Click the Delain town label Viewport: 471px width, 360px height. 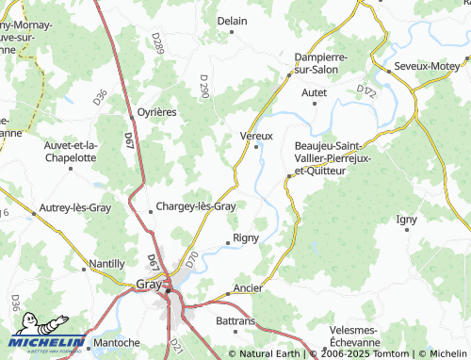(232, 21)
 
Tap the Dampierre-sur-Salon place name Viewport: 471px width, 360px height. (321, 63)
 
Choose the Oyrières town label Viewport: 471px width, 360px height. (157, 111)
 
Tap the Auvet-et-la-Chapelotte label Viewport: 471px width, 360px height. (71, 151)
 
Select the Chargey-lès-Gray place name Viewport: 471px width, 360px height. (195, 206)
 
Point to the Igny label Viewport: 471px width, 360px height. (407, 219)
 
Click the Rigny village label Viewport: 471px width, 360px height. (245, 237)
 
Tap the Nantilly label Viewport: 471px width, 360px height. (106, 264)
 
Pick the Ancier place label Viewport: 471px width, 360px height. (247, 287)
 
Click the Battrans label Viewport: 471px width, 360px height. (235, 321)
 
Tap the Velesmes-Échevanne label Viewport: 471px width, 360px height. (355, 336)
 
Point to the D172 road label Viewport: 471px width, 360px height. (366, 91)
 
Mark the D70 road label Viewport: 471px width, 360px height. (191, 258)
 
